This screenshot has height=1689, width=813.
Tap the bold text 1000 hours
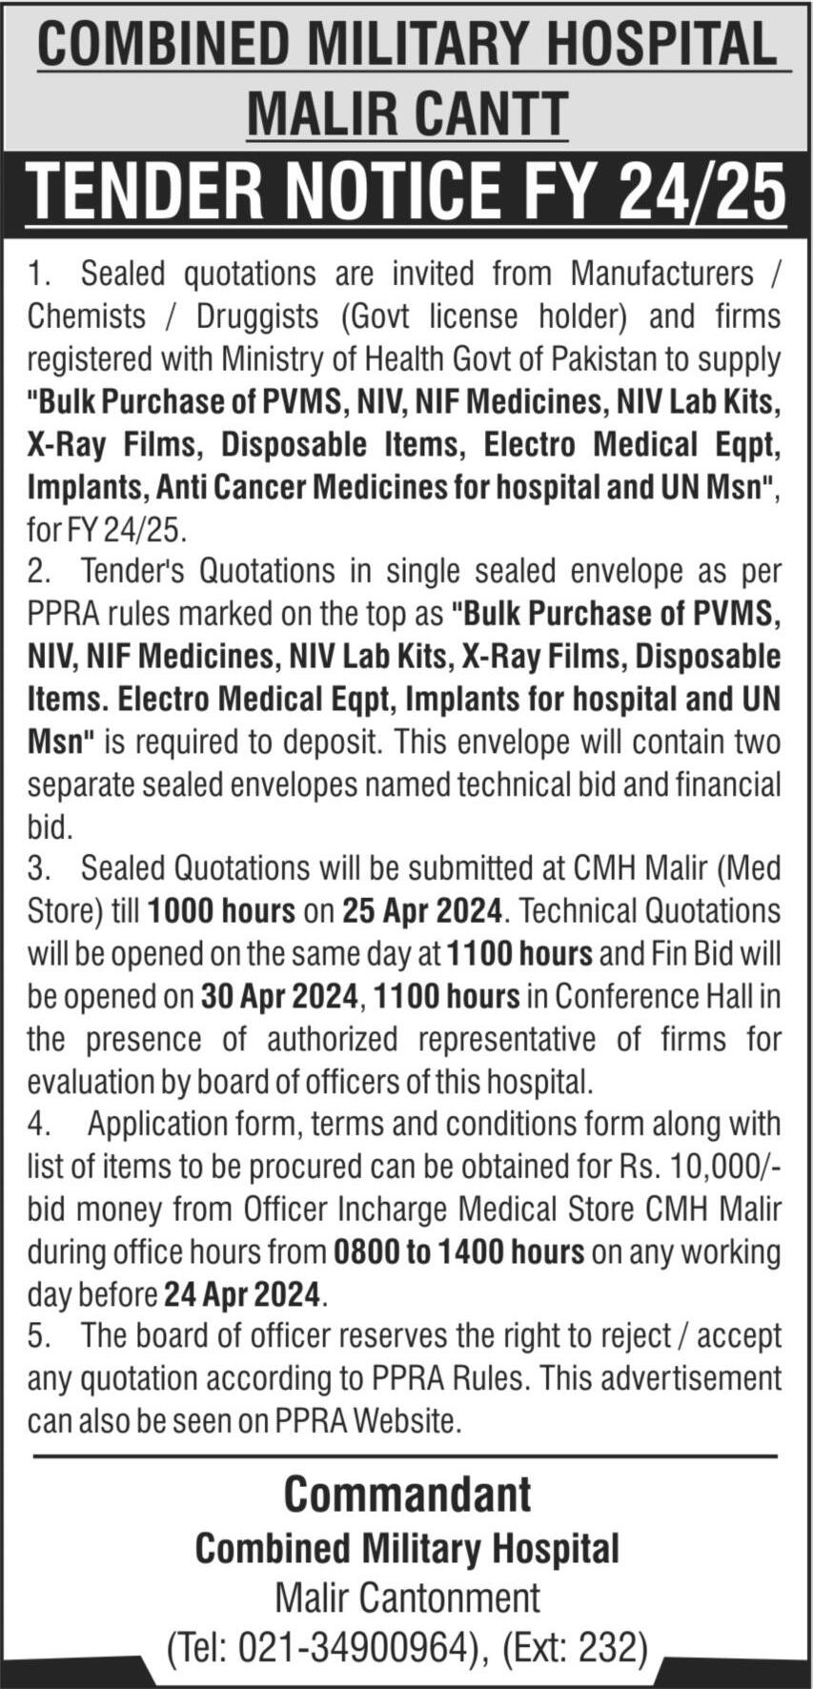point(221,911)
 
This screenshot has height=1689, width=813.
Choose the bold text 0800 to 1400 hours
point(458,1251)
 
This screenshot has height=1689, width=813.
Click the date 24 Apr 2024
point(243,1294)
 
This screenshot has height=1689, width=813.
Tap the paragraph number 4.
point(37,1125)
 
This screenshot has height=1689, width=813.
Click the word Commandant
point(407,1494)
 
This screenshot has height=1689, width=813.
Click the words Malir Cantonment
point(407,1597)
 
